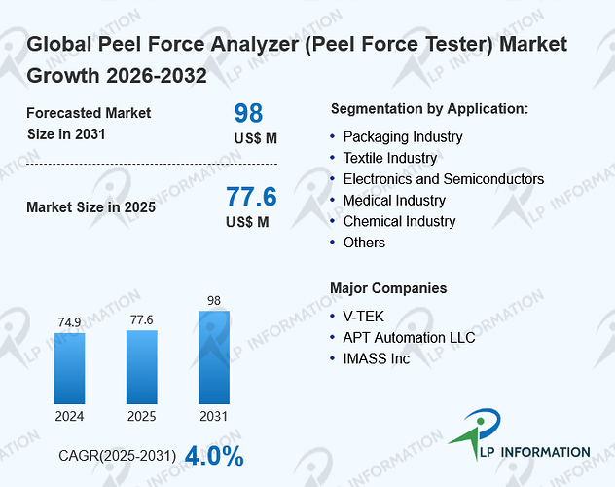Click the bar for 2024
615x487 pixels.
[69, 368]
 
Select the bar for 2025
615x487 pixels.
[142, 367]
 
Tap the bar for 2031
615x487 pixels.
[214, 357]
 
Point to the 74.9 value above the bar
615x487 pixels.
[69, 322]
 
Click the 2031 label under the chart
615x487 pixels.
[214, 416]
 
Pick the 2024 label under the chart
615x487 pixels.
[69, 416]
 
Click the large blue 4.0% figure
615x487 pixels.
[214, 456]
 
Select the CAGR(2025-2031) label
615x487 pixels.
[118, 456]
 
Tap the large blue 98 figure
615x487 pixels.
[248, 113]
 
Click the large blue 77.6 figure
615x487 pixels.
[251, 197]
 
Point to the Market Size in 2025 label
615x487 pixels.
[91, 207]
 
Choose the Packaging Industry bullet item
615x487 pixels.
[403, 137]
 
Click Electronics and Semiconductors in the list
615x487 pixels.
[444, 179]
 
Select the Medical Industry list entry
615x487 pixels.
[394, 201]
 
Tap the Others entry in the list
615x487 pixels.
[364, 243]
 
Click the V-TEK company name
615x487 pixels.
[363, 317]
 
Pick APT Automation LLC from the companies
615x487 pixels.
[409, 337]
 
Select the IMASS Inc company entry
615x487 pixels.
[377, 358]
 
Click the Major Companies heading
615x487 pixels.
[388, 288]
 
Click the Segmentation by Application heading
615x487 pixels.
[429, 109]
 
